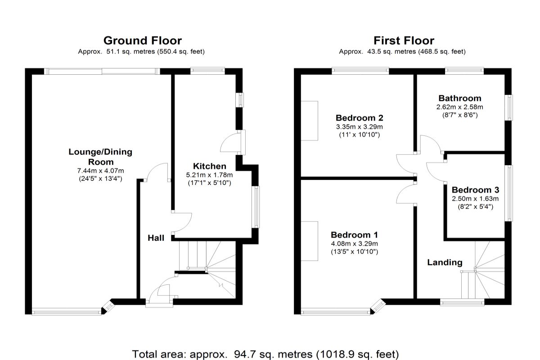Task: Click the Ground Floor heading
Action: coord(142,41)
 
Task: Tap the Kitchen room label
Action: coord(209,166)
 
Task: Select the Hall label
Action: coord(156,238)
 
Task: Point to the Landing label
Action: coord(444,262)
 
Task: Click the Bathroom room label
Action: coord(459,98)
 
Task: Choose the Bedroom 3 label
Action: coord(475,190)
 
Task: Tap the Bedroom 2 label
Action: coord(356,118)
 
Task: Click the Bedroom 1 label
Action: coord(354,235)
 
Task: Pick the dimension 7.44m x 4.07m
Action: coord(100,171)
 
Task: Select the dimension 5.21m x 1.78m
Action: coord(209,175)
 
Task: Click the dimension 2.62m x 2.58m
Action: coord(459,107)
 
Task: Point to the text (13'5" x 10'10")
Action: coord(354,252)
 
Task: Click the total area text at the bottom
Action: coord(265,353)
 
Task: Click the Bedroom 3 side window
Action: coord(510,193)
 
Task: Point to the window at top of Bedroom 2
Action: coord(360,71)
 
